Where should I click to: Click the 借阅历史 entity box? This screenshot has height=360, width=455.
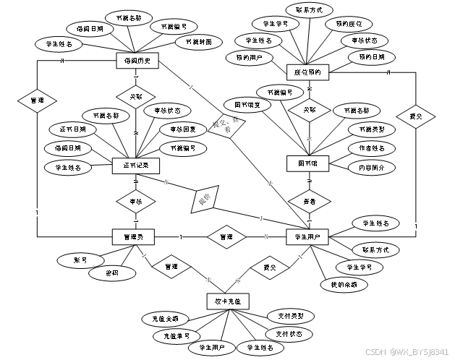click(x=137, y=60)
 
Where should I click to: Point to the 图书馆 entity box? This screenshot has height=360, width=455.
click(x=308, y=164)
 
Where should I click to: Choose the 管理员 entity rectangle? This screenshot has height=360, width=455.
click(x=134, y=236)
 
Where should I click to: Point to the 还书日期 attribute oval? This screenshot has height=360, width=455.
click(x=73, y=129)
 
